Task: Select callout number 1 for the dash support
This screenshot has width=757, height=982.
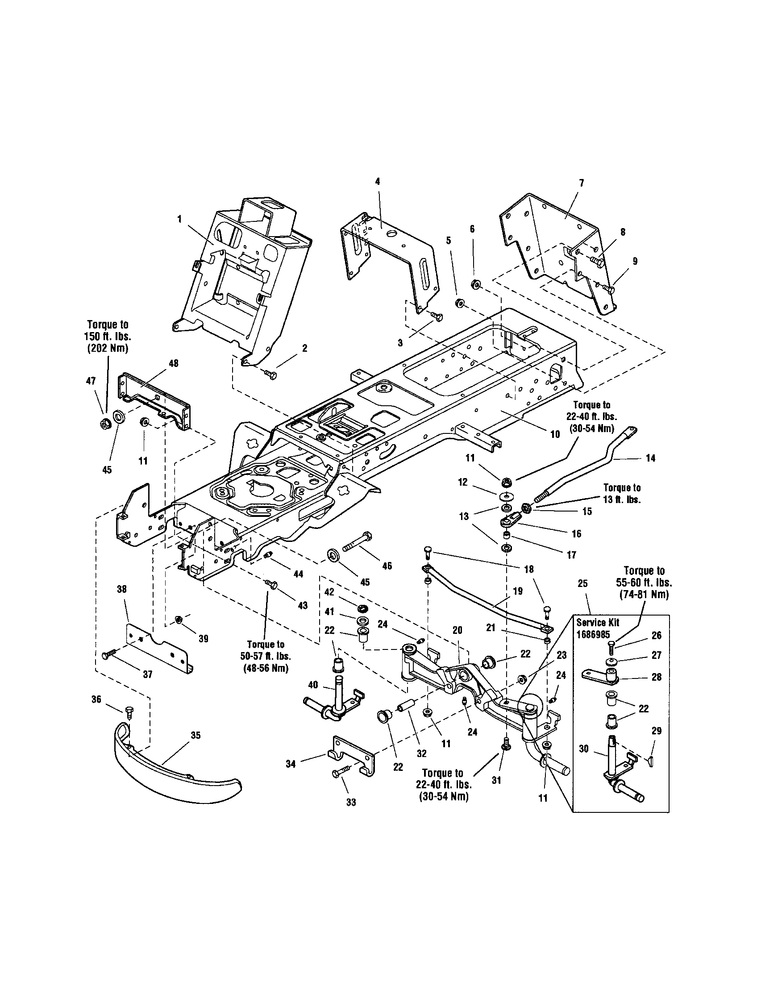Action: [x=179, y=219]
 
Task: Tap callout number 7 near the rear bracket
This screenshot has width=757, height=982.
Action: [x=581, y=183]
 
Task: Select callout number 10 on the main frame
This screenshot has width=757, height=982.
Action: [x=555, y=434]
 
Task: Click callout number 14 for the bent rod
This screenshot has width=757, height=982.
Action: [x=650, y=458]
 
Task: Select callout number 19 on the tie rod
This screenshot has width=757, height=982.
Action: [x=517, y=591]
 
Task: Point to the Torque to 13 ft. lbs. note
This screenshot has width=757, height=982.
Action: [x=622, y=493]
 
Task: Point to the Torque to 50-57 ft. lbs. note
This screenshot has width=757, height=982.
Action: [x=265, y=657]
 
